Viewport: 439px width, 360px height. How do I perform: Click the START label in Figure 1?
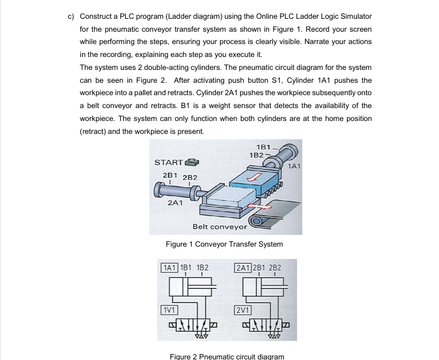[167, 162]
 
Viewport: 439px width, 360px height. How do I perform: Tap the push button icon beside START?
[191, 162]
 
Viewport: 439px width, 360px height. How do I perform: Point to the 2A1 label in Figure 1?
[174, 203]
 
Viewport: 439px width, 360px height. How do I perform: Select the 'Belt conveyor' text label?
[219, 227]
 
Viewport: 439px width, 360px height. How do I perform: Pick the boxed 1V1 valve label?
[170, 309]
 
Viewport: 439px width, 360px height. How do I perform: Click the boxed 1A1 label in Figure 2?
[170, 267]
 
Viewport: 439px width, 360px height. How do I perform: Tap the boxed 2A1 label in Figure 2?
[243, 267]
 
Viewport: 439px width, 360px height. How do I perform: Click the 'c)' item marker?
[70, 16]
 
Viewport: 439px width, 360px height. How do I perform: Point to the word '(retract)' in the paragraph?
[94, 132]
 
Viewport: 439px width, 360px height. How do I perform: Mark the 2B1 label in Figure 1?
[169, 176]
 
